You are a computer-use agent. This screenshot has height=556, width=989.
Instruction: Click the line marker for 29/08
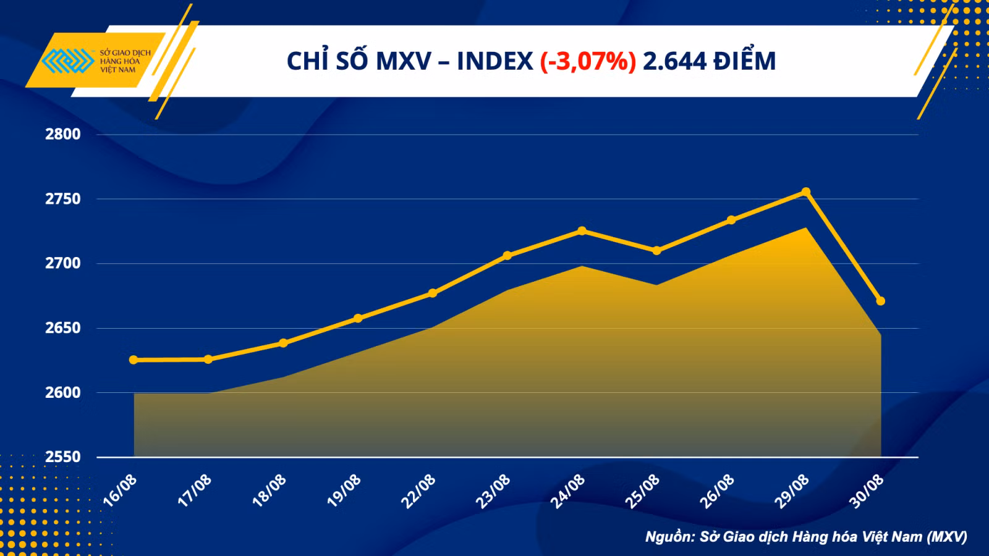click(x=806, y=192)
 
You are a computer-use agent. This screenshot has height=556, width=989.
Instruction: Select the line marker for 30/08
click(x=880, y=301)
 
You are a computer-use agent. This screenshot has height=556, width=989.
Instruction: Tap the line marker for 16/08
click(x=134, y=360)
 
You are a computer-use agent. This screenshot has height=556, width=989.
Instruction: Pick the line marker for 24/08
click(x=582, y=231)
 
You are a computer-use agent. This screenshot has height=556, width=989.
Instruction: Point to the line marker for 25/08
click(x=656, y=251)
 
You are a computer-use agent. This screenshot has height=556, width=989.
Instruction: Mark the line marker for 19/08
click(x=358, y=318)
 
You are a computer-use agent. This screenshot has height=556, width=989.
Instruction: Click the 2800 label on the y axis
click(x=63, y=134)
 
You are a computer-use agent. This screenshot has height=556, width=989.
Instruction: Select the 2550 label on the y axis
click(x=63, y=457)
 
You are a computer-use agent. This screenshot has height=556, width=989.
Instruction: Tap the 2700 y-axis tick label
click(x=63, y=263)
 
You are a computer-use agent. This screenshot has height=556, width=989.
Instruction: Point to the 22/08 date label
click(x=418, y=492)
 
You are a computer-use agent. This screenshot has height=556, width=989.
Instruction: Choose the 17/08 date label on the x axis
click(x=194, y=491)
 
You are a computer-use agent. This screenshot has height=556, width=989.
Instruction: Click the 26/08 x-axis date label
click(x=716, y=492)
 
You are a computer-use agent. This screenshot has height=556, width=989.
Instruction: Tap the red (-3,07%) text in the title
click(x=588, y=61)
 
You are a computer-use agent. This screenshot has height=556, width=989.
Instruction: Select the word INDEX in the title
click(x=495, y=61)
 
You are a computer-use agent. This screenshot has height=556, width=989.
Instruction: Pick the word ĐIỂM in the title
click(x=745, y=61)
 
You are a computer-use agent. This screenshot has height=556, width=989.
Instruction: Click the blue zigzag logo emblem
click(x=68, y=61)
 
